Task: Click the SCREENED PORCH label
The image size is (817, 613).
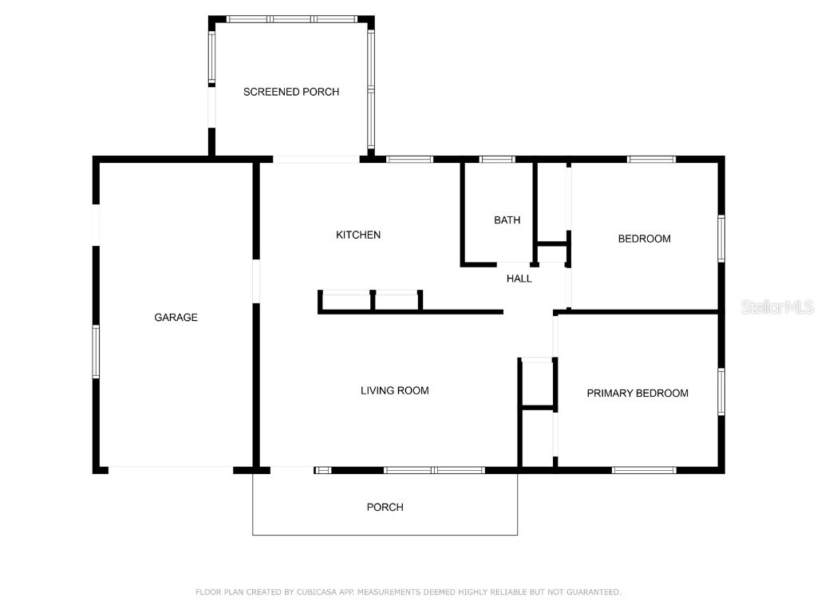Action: (291, 92)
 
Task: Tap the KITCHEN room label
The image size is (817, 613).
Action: (358, 235)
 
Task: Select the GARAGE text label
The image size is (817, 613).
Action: (176, 318)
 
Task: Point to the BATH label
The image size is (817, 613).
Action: (507, 220)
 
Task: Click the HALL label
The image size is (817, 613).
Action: (519, 279)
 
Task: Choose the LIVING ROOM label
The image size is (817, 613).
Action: (394, 390)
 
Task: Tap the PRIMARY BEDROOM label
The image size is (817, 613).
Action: (637, 393)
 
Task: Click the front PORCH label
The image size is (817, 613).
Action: (385, 507)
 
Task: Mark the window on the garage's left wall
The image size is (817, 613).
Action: (96, 351)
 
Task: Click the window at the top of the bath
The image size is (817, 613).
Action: (497, 160)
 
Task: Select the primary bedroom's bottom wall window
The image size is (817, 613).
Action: (644, 470)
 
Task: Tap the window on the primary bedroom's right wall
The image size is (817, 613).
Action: (720, 391)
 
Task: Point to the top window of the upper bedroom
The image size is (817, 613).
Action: (651, 160)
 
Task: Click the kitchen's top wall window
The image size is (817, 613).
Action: (410, 160)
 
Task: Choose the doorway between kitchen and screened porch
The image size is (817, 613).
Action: (316, 160)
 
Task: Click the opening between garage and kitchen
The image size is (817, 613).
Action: (256, 281)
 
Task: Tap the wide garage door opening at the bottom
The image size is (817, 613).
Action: (171, 470)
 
